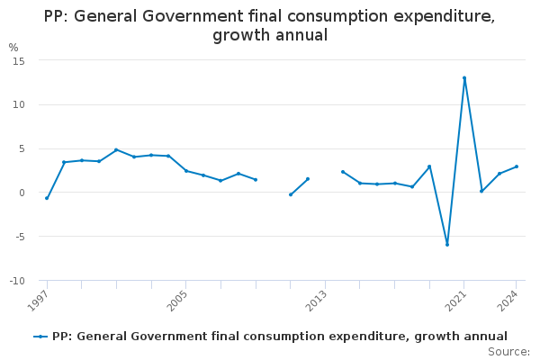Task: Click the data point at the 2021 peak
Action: (464, 78)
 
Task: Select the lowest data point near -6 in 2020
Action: (447, 244)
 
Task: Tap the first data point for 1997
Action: (47, 198)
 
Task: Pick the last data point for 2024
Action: (517, 166)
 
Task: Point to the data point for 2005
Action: (186, 171)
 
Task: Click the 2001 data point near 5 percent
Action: (116, 149)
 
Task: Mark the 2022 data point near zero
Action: (481, 191)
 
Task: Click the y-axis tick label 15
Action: (18, 60)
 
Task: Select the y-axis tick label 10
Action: (18, 104)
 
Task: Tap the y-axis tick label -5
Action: (18, 237)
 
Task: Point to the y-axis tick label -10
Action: (16, 281)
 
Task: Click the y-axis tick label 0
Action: (21, 193)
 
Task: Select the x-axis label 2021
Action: (457, 301)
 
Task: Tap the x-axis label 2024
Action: (509, 301)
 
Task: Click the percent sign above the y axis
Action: (13, 48)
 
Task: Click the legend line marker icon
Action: (40, 337)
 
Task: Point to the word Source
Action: (508, 352)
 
